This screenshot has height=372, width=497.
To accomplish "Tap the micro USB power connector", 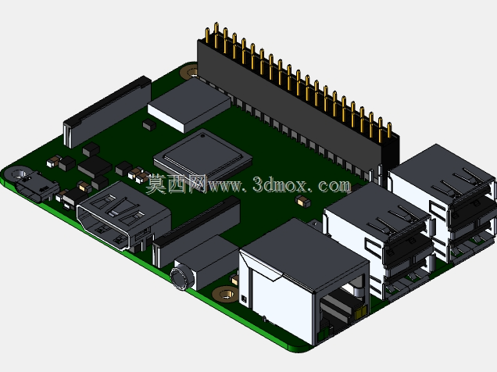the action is point(36,187).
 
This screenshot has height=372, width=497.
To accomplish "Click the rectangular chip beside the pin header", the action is point(189,105).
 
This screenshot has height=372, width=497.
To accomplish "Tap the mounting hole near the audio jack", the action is point(225,294).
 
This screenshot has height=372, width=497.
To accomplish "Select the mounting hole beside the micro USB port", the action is point(18,173).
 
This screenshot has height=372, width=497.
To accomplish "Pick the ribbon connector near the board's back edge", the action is point(108,112).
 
